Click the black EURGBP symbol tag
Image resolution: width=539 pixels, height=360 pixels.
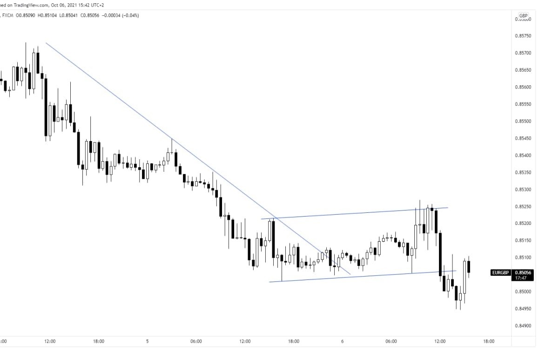(501, 272)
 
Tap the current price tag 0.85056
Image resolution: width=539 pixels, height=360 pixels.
(523, 272)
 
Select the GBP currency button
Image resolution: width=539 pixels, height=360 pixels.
(523, 15)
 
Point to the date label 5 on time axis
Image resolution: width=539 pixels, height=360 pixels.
(147, 341)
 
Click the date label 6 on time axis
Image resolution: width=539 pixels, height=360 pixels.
(342, 341)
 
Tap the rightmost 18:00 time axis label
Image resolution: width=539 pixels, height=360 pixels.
(489, 341)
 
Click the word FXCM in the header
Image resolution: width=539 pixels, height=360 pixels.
(8, 15)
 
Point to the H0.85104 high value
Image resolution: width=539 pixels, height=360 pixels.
(47, 15)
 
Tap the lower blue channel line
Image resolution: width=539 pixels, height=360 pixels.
(363, 276)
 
